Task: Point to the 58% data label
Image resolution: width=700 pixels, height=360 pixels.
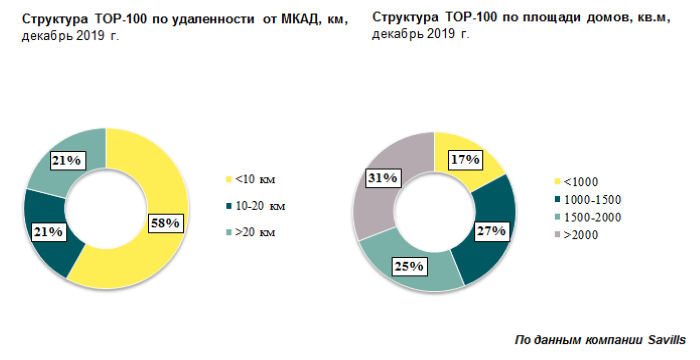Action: click(x=164, y=222)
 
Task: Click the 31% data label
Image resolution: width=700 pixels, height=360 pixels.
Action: click(x=382, y=178)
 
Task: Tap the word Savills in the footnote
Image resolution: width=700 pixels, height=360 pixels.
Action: click(x=663, y=340)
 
